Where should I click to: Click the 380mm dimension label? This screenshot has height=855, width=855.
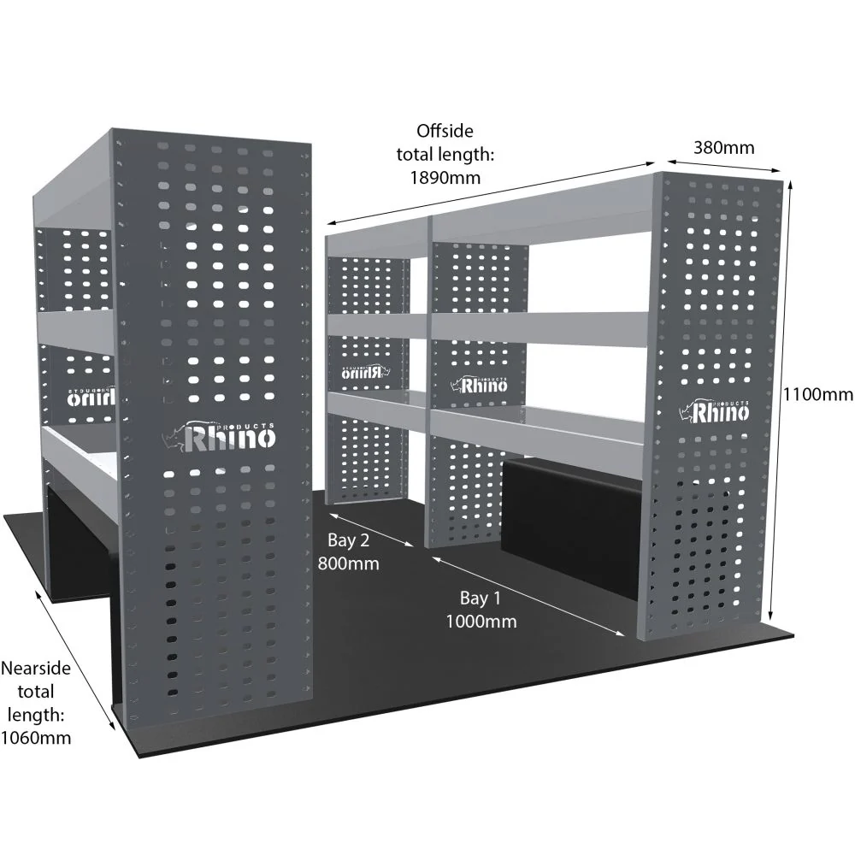tap(723, 148)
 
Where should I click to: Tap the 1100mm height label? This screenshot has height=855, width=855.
tap(818, 393)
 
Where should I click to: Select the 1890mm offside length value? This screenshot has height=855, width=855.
tap(445, 178)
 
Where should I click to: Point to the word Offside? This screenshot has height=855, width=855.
tap(445, 131)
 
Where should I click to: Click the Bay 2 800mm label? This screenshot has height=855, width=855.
tap(349, 551)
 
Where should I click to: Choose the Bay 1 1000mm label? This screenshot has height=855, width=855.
tap(481, 610)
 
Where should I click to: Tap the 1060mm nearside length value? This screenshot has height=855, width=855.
tap(36, 738)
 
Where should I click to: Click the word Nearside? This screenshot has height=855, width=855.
tap(36, 668)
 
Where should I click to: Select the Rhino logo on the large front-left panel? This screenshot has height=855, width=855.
tap(219, 436)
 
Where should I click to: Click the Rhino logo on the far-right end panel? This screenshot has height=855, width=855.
tap(714, 411)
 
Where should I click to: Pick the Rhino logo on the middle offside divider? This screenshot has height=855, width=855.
tap(479, 385)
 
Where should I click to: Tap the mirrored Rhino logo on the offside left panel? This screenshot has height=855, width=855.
tap(365, 373)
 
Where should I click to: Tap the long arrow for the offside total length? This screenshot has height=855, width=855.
tap(490, 193)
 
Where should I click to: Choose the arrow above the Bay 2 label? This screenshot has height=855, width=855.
tap(371, 528)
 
